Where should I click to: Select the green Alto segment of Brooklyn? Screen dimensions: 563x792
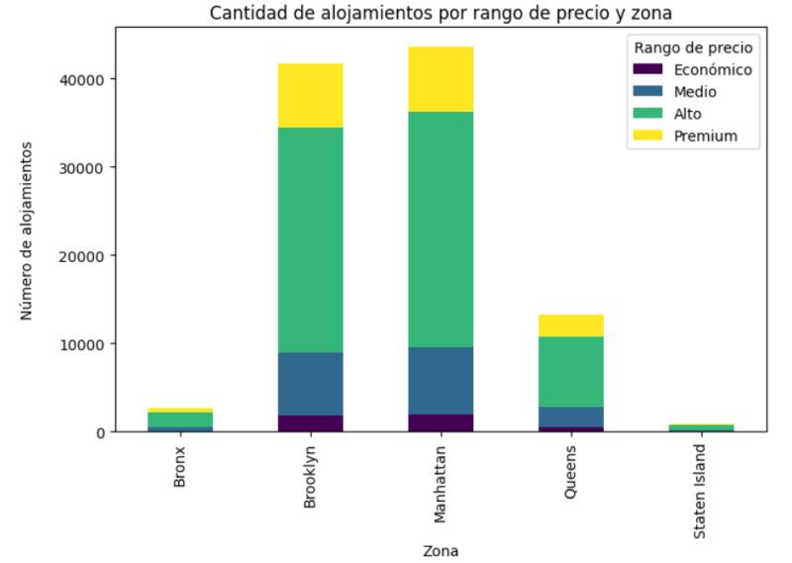coord(311,239)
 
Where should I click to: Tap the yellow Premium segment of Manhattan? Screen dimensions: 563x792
coord(441,79)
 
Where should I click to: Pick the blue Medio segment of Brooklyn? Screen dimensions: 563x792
coord(311,384)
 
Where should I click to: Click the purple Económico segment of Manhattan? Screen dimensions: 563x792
coord(441,423)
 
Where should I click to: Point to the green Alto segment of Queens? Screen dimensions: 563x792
coord(571,371)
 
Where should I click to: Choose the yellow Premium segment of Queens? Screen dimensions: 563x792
coord(571,326)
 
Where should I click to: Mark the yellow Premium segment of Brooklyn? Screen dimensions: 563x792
coord(311,95)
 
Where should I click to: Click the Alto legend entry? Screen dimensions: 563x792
coord(688,114)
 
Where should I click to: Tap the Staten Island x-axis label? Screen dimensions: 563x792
coord(701,486)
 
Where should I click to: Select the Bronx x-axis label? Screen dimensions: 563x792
coord(180,467)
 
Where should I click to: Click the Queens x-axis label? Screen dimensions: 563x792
coord(571,471)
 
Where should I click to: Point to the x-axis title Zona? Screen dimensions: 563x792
coord(441,550)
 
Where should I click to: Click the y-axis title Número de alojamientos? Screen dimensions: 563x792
coord(28,230)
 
